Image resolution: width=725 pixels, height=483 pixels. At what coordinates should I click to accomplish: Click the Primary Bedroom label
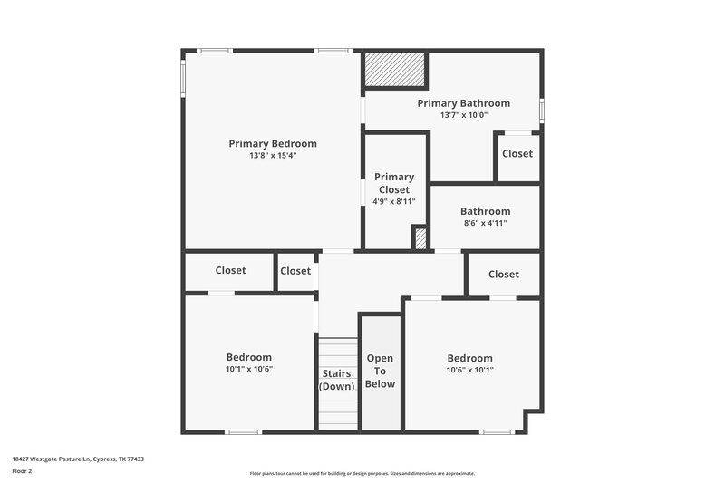click(273, 143)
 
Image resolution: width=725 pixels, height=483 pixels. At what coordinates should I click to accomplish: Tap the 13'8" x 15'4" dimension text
click(273, 156)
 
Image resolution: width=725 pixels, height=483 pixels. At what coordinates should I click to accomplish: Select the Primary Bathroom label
click(463, 103)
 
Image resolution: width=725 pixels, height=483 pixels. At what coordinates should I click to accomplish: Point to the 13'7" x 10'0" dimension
click(463, 115)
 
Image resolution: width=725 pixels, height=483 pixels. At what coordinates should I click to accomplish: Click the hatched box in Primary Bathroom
click(395, 70)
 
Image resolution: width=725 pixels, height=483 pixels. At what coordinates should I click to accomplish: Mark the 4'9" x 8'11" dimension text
click(394, 201)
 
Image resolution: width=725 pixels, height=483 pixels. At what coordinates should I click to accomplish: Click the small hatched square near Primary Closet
click(420, 238)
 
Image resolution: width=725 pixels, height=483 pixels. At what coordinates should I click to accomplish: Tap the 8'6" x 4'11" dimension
click(485, 223)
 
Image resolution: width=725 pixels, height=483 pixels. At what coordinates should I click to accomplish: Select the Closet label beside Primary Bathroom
click(517, 153)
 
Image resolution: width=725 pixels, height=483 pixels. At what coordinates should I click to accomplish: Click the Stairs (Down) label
click(338, 380)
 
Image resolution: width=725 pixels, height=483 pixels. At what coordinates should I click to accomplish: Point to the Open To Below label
click(380, 371)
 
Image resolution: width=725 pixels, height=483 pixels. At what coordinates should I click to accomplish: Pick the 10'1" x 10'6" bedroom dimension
click(248, 370)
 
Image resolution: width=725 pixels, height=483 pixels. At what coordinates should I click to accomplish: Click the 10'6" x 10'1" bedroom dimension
click(469, 370)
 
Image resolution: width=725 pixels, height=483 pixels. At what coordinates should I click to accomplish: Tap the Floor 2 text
click(21, 471)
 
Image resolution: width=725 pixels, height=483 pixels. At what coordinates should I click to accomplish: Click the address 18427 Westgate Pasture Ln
click(78, 459)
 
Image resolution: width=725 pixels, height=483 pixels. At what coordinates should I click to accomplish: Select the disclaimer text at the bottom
click(362, 473)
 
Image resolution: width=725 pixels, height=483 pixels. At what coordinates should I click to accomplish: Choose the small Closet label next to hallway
click(295, 271)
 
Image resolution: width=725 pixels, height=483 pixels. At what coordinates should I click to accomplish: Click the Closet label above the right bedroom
click(504, 274)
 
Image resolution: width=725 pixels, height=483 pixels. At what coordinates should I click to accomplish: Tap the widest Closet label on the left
click(230, 270)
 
